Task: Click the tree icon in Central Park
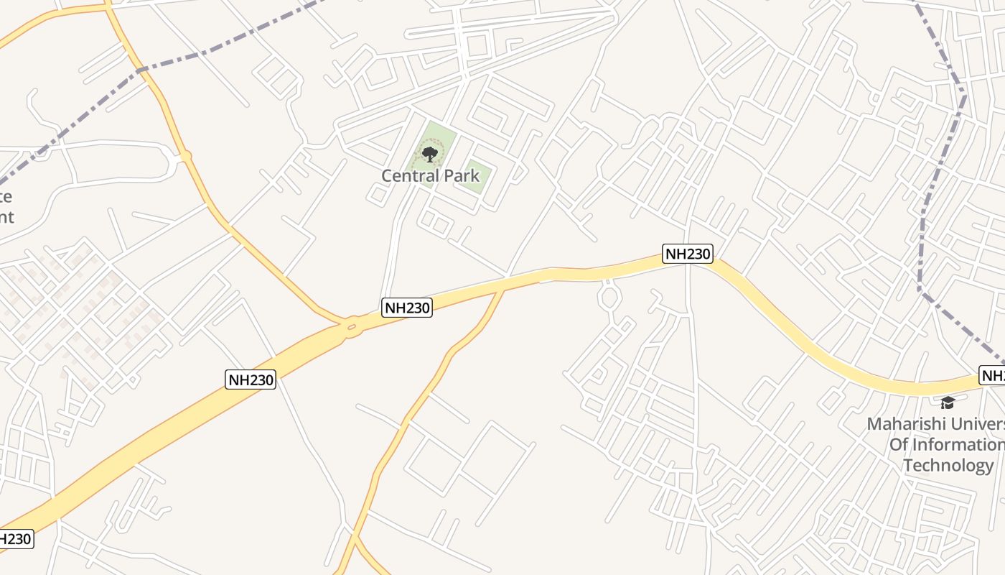(429, 153)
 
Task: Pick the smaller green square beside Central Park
(475, 177)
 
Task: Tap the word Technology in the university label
(948, 465)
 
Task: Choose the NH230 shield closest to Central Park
(407, 308)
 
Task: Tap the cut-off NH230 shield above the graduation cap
(992, 375)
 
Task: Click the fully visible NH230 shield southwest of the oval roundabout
(251, 379)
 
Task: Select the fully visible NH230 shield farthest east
(688, 254)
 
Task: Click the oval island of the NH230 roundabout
(351, 328)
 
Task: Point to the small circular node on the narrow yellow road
(186, 155)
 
